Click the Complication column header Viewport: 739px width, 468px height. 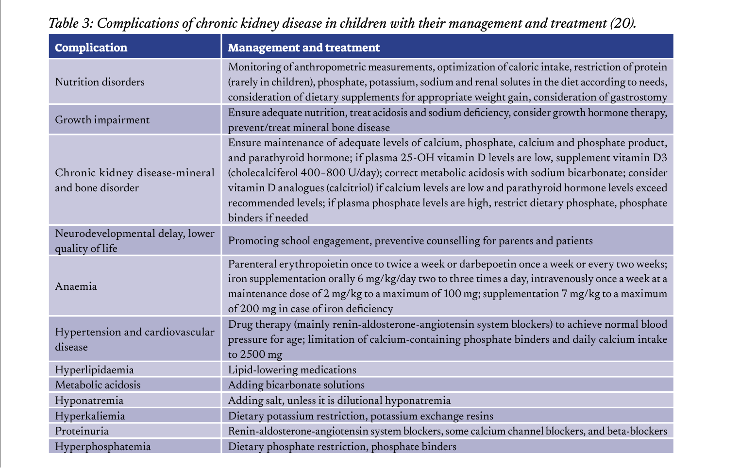pyautogui.click(x=91, y=48)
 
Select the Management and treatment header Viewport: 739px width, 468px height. pyautogui.click(x=303, y=48)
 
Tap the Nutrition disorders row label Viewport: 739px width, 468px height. pyautogui.click(x=100, y=82)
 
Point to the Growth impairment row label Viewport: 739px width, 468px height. pyautogui.click(x=102, y=120)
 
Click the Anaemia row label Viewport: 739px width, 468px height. pyautogui.click(x=76, y=286)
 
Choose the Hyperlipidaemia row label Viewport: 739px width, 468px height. pyautogui.click(x=94, y=370)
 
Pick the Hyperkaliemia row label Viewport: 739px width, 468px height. pyautogui.click(x=90, y=416)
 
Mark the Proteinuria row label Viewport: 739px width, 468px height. pyautogui.click(x=82, y=431)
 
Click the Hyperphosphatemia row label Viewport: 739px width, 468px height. pyautogui.click(x=102, y=447)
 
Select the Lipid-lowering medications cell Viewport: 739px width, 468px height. pyautogui.click(x=292, y=370)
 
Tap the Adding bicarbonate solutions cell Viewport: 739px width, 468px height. pyautogui.click(x=296, y=385)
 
